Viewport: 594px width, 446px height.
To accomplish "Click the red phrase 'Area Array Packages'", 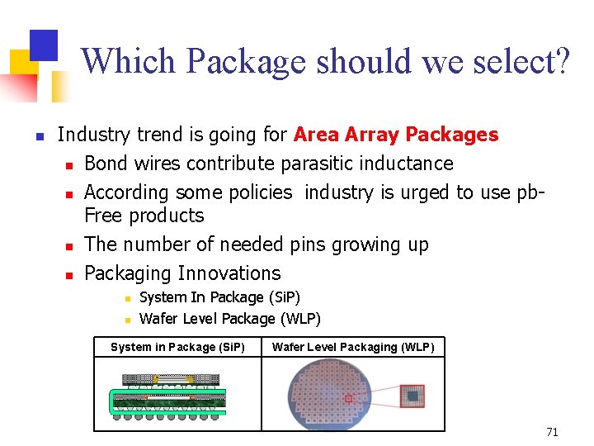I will coord(396,135).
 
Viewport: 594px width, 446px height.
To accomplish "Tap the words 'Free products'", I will coord(144,216).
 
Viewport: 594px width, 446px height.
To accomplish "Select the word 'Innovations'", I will coord(229,273).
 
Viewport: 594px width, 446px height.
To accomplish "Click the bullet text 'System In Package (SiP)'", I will coord(219,297).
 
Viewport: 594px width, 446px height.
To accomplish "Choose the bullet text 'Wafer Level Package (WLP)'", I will coord(230,319).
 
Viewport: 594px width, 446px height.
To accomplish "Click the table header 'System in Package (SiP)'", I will coord(177,347).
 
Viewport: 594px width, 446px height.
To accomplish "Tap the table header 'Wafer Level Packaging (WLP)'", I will coord(353,347).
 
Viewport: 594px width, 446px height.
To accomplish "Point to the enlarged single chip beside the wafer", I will coord(412,396).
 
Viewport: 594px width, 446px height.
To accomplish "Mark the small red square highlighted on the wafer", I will coord(349,399).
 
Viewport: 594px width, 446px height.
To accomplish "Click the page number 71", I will coord(552,432).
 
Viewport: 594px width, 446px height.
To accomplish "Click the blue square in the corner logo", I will coord(43,45).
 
